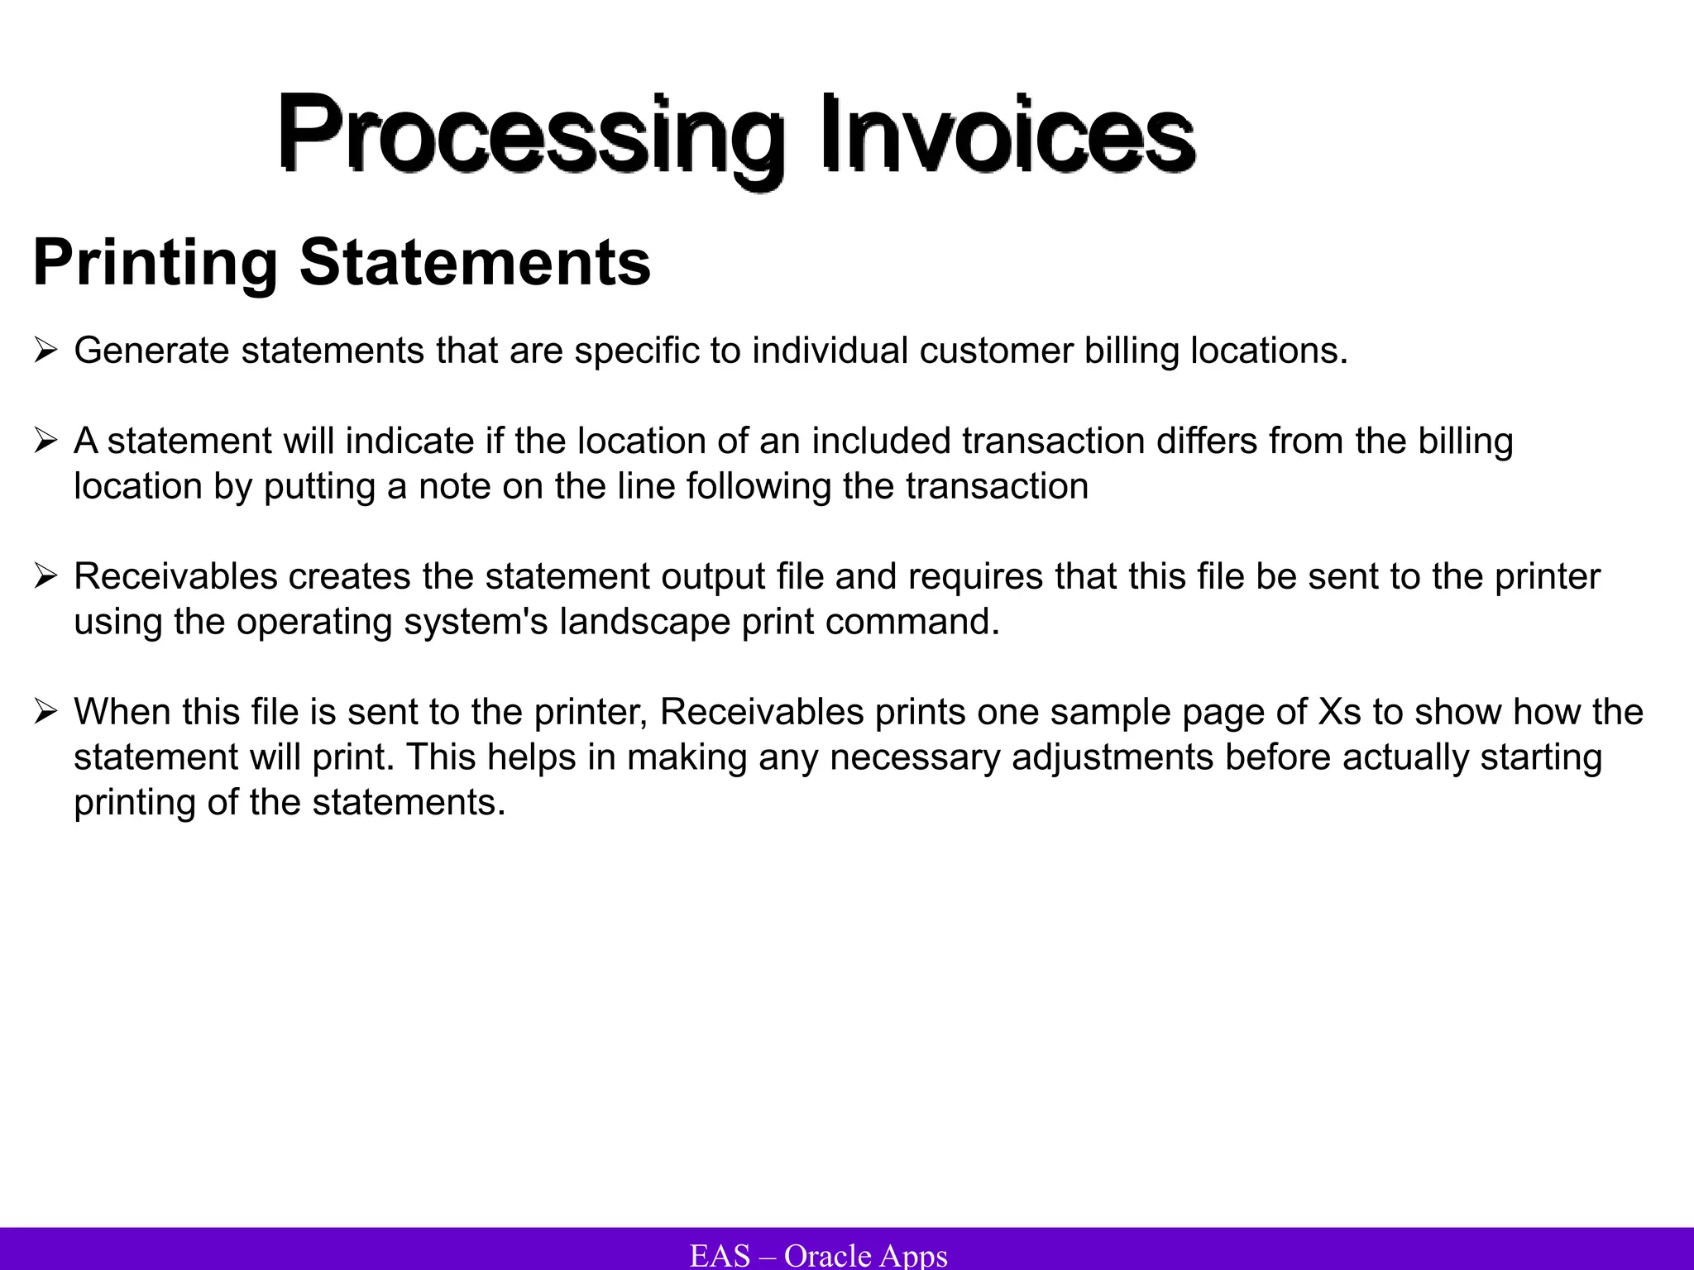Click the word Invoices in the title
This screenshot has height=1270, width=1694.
coord(1007,132)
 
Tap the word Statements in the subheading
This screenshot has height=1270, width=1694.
coord(475,263)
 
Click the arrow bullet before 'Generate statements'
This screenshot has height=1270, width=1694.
coord(45,351)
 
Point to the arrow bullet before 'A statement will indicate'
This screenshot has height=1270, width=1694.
coord(45,442)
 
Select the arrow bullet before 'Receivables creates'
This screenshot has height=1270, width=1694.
coord(45,577)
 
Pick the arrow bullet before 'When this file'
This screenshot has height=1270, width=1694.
coord(45,713)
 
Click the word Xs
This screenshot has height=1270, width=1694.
coord(1339,713)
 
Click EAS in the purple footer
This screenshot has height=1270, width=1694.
coord(720,1255)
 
